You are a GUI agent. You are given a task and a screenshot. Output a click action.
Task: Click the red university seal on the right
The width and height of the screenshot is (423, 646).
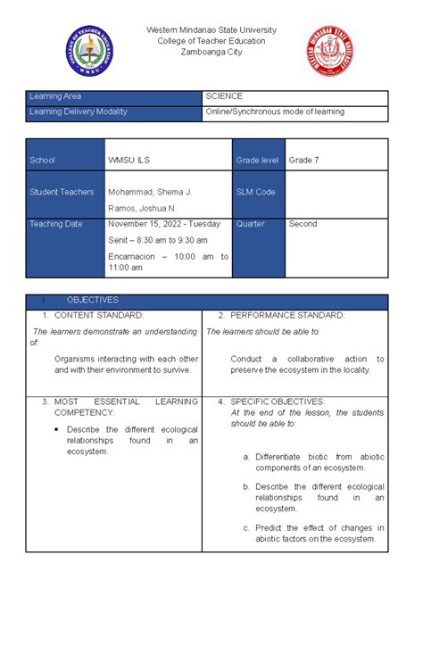coord(331,52)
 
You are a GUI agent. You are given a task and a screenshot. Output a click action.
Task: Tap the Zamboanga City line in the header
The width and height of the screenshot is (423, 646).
coord(211,53)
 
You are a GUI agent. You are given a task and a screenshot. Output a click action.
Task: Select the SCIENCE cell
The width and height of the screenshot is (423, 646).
coord(225,96)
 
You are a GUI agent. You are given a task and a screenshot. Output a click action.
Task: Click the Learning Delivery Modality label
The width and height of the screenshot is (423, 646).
coord(79,112)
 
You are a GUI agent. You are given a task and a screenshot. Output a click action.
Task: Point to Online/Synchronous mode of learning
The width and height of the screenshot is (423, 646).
coord(275,112)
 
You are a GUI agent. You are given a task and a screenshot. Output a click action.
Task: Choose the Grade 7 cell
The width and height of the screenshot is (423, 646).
coord(303,161)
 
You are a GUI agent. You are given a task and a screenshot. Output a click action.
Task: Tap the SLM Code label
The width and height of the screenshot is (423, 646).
coord(255,193)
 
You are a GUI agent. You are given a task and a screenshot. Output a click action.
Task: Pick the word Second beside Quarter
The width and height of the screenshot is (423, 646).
coord(303,224)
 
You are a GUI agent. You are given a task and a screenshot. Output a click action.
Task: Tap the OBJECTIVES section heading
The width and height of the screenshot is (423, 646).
coord(93,301)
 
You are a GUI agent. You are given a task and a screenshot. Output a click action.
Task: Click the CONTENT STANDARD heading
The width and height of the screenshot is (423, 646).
coord(99,316)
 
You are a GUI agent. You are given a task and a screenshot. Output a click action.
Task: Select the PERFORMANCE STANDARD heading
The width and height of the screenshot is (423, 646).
coord(287,316)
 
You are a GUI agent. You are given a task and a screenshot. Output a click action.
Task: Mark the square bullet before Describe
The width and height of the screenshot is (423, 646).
coord(57,430)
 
